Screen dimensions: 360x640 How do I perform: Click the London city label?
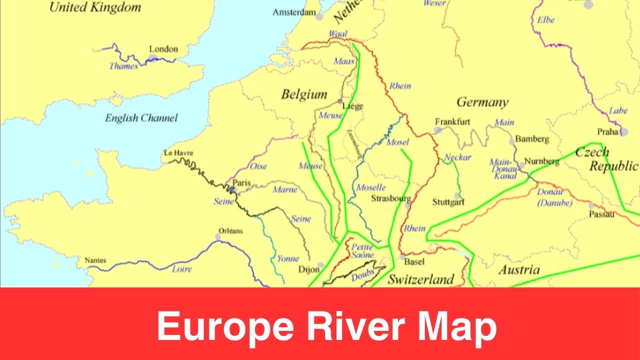point(163,49)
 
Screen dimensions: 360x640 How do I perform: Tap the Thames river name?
point(123,66)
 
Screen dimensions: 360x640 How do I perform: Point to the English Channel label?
point(141,118)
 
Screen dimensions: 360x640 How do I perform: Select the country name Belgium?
point(304,94)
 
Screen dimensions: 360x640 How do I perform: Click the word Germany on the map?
point(482,102)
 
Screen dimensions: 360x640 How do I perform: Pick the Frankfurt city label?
point(452,121)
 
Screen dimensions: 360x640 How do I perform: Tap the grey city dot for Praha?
point(624,131)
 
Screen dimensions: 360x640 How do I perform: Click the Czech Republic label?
point(606,159)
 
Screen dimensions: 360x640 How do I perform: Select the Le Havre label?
point(178,153)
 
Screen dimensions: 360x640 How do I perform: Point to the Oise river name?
point(258,166)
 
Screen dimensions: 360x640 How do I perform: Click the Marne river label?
point(284,189)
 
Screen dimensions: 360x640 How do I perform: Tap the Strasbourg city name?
point(391,198)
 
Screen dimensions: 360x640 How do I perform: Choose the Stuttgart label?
point(448,202)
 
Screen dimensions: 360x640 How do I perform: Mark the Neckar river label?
point(458,157)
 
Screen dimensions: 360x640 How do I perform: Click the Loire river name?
point(181,269)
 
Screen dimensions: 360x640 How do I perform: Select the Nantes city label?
point(95,260)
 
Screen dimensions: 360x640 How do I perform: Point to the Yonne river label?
point(288,258)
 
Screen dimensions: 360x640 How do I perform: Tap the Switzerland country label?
point(421,279)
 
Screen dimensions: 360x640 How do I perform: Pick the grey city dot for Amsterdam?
point(319,16)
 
